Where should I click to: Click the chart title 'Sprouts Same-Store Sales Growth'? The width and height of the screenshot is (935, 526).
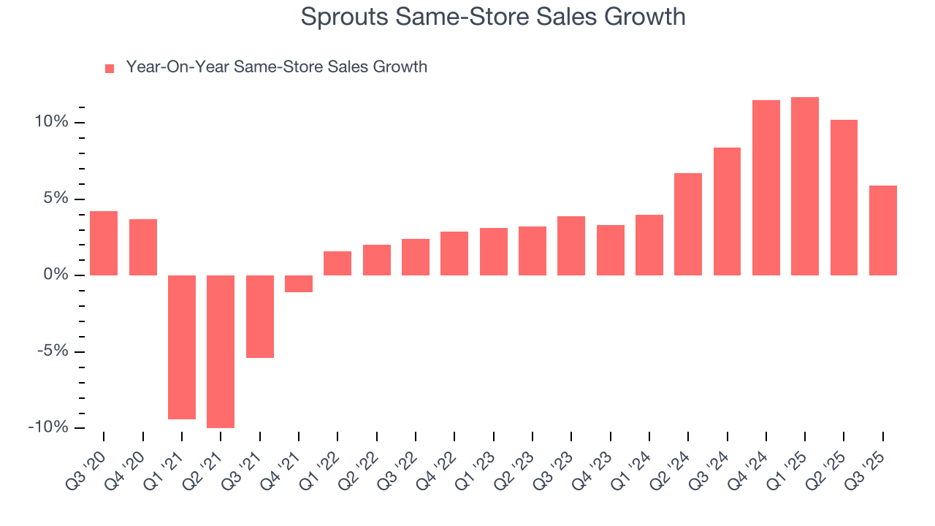493,17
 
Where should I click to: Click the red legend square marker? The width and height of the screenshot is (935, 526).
110,68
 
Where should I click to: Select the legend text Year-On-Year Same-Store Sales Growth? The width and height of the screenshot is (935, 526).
276,67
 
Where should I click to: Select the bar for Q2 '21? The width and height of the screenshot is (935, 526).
221,351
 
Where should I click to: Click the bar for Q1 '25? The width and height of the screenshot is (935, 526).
804,186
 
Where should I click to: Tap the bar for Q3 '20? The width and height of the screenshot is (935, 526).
104,243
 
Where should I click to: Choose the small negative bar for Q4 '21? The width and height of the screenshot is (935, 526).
299,283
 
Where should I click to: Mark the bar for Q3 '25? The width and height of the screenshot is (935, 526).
882,230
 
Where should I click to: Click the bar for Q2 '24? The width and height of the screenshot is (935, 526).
688,224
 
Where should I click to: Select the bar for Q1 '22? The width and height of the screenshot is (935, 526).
337,263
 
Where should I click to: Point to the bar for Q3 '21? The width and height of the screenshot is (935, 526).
259,316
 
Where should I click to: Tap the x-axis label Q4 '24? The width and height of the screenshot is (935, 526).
753,461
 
